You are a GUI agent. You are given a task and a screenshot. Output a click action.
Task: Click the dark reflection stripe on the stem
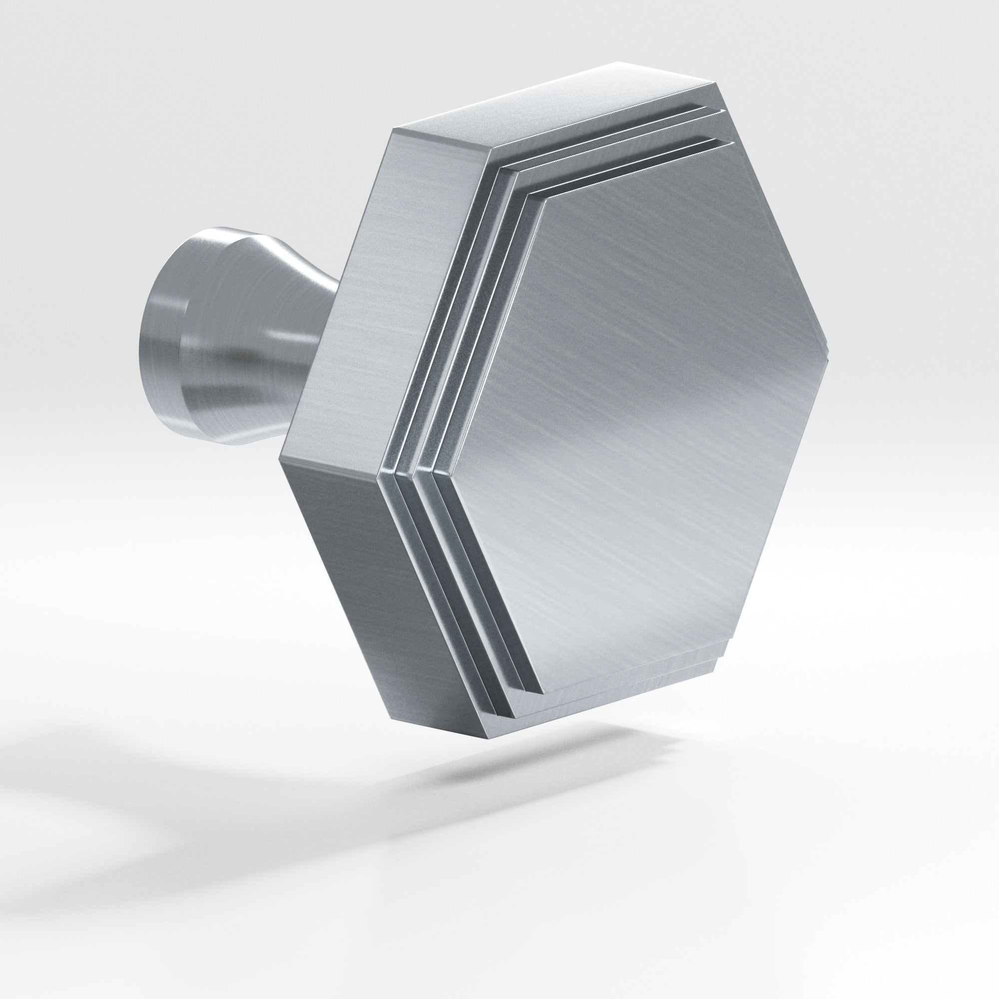point(243,362)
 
